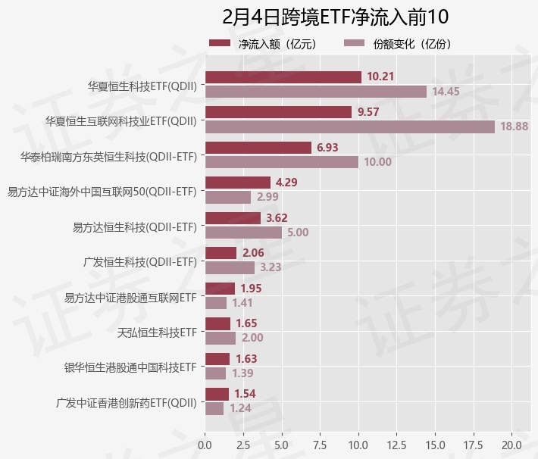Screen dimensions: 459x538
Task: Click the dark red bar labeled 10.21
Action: click(x=283, y=76)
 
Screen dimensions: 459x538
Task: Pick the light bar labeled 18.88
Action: click(x=349, y=126)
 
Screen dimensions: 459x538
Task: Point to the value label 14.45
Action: click(x=446, y=92)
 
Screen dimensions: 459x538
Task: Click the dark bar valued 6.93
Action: click(x=258, y=147)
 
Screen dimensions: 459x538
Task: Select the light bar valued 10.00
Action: click(x=281, y=162)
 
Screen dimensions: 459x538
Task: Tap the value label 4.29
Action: click(x=286, y=183)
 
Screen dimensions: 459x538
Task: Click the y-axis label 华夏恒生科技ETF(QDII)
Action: click(x=142, y=86)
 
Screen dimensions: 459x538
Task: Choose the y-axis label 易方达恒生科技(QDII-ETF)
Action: click(x=134, y=226)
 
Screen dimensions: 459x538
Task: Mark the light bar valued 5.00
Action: click(x=243, y=233)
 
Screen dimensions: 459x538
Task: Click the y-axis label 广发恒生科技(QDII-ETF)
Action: click(x=140, y=262)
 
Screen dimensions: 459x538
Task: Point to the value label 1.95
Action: click(x=251, y=288)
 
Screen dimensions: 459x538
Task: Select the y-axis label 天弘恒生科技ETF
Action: click(x=157, y=333)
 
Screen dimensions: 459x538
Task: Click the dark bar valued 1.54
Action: click(x=217, y=394)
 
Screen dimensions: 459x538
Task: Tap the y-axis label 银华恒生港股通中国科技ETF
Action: click(x=130, y=367)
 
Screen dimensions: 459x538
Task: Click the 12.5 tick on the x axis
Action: click(x=396, y=443)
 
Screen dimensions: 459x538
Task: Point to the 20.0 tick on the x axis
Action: click(x=511, y=443)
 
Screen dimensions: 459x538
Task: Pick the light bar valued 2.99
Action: click(x=227, y=197)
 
